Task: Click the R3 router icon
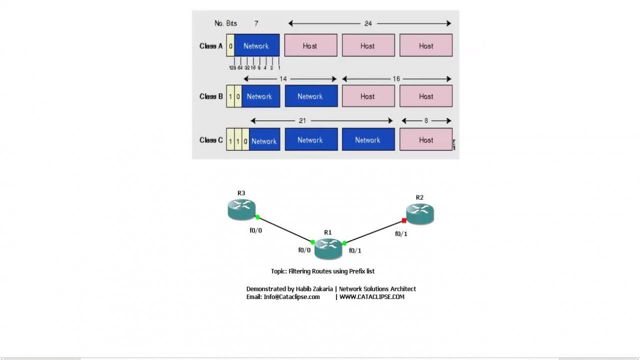point(241,209)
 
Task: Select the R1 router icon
point(328,248)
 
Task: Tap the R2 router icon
point(420,214)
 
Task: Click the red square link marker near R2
point(404,220)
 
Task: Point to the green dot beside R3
point(257,217)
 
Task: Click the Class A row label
point(211,46)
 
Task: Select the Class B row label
point(211,96)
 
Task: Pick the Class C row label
point(211,140)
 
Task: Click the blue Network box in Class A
point(256,45)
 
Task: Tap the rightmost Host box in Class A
point(426,45)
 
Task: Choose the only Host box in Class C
point(426,140)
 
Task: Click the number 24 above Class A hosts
point(368,23)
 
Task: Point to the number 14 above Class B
point(283,79)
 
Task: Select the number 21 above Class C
point(302,121)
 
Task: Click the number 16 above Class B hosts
point(396,79)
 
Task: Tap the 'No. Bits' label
point(225,23)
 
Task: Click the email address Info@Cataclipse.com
point(291,297)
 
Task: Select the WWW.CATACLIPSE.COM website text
point(372,297)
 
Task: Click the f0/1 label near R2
point(401,233)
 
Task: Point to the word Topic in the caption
point(278,271)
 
